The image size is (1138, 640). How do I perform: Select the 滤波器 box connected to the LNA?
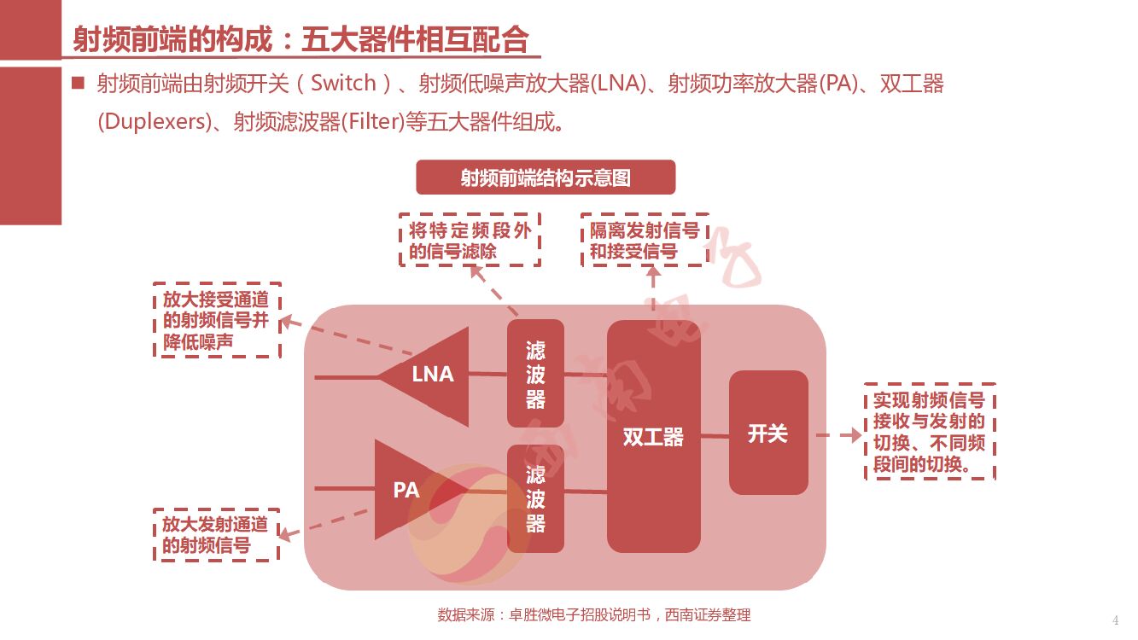(535, 373)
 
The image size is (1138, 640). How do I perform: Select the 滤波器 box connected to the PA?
(535, 498)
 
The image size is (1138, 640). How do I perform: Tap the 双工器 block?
(653, 436)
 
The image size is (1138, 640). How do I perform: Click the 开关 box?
(767, 433)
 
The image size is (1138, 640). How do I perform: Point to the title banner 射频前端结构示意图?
(546, 177)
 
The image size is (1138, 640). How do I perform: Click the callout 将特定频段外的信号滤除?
(470, 240)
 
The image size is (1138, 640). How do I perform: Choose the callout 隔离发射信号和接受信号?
(645, 240)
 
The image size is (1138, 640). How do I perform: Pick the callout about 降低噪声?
(217, 320)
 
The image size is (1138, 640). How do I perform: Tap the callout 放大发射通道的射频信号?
(216, 535)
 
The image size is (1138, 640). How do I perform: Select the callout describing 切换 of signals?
(930, 432)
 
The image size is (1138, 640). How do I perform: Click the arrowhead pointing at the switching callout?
(853, 435)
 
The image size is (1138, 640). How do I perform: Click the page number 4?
(1115, 620)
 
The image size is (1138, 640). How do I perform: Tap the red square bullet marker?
(79, 83)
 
